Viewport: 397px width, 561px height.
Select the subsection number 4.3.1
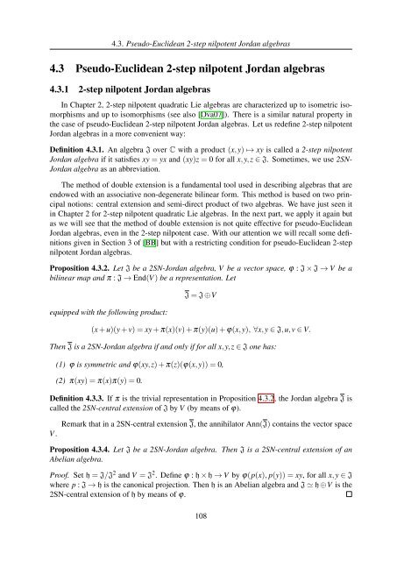pyautogui.click(x=35, y=89)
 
